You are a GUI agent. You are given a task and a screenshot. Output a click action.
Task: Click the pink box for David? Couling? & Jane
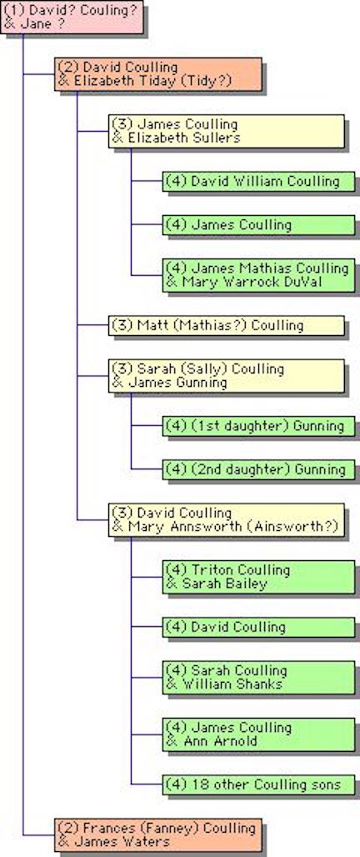(72, 17)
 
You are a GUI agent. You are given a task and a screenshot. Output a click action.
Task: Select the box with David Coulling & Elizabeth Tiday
(157, 74)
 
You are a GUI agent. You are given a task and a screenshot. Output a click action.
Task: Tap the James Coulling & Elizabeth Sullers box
(226, 131)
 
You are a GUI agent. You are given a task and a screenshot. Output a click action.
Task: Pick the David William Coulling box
(258, 181)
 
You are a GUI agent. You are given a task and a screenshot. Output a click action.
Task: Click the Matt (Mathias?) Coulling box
(226, 325)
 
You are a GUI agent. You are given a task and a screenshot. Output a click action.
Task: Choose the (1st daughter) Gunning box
(258, 426)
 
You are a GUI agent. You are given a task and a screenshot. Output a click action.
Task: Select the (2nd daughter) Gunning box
(258, 469)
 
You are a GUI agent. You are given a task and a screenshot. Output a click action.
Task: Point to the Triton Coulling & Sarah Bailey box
(258, 577)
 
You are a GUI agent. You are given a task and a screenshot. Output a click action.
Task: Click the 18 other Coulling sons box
(258, 784)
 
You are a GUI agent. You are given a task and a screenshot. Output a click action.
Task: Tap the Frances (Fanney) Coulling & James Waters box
(157, 834)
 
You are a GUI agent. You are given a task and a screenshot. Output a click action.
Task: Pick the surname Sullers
(217, 138)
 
